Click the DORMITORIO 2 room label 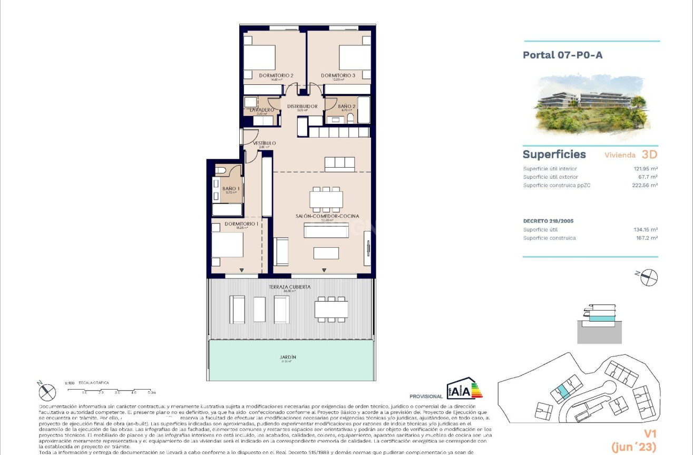coord(276,75)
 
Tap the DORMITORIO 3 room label coord(338,75)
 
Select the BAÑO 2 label coord(347,107)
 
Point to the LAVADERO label coord(258,110)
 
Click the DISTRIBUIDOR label coord(302,107)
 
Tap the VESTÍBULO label coord(264,143)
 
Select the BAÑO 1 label coord(231,189)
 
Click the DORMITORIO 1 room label coord(241,224)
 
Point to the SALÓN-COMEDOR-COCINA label coord(327,216)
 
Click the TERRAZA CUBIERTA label coord(289,287)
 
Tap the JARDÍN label coord(288,357)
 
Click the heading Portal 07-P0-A coord(562,55)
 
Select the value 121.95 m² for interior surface coord(645,169)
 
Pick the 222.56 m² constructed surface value coord(645,185)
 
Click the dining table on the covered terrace coord(331,309)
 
